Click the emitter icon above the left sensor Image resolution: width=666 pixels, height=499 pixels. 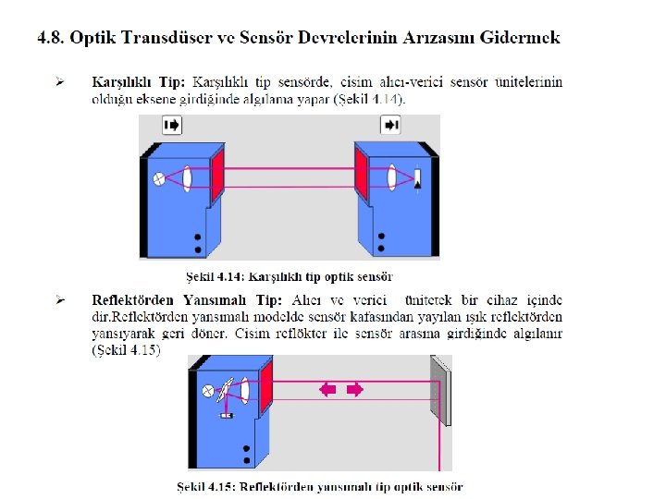point(173,125)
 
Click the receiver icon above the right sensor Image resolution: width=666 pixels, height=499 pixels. point(391,125)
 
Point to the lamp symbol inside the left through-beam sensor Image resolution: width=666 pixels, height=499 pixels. point(158,178)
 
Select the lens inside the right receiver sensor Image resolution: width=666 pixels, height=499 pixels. point(393,176)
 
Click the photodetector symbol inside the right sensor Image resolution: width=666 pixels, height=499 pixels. point(417,178)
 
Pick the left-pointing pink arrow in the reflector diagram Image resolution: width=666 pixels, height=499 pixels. point(328,390)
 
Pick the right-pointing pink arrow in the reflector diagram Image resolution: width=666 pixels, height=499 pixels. point(354,390)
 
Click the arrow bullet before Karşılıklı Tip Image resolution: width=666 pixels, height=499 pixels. point(59,82)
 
